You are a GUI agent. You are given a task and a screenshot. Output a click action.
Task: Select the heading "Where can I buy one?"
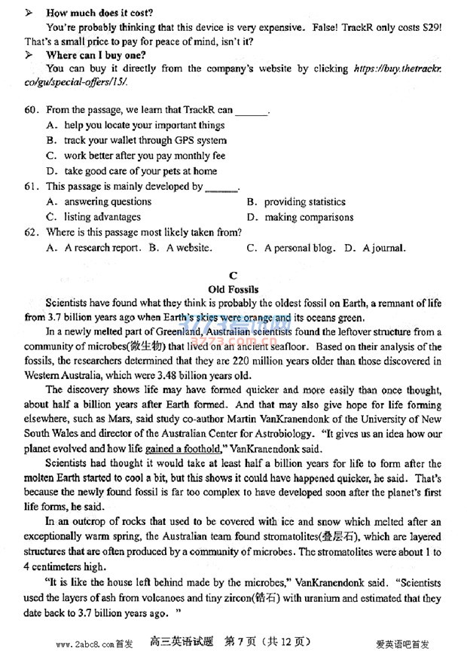(96, 55)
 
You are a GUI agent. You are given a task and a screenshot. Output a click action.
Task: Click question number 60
(32, 110)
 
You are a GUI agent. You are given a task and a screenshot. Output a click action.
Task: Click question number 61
(32, 186)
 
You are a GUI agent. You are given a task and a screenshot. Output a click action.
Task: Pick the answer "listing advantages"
(102, 217)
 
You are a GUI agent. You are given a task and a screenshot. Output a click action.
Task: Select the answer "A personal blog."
(299, 247)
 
